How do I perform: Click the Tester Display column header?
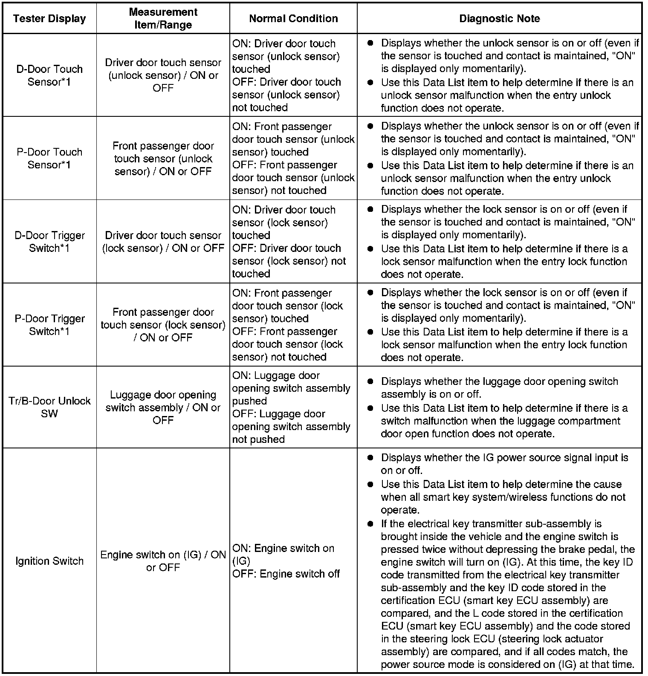pos(49,19)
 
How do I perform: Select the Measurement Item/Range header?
pos(163,18)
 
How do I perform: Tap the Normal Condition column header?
pos(293,19)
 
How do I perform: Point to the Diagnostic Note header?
pos(499,19)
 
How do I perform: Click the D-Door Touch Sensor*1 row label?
pos(49,75)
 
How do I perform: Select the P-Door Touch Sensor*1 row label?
pos(49,159)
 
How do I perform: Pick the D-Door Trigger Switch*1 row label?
pos(49,242)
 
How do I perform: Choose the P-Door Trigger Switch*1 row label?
pos(49,325)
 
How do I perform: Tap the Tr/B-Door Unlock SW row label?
pos(49,407)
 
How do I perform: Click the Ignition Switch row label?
pos(49,561)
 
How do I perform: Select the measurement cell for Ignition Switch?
pos(163,561)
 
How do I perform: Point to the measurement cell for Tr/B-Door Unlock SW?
pos(163,407)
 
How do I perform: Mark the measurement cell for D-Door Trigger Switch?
pos(163,242)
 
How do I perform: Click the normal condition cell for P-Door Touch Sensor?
pos(293,159)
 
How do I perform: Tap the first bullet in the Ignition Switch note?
pos(371,458)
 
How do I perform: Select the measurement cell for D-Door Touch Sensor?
pos(163,75)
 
